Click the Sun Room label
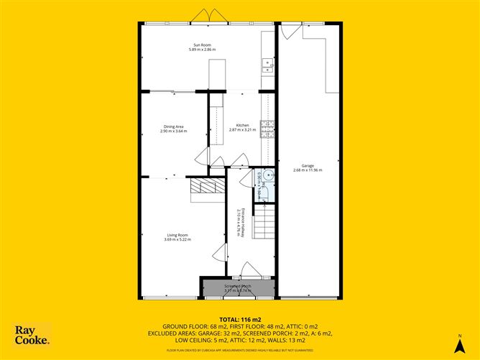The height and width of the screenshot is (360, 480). point(202,45)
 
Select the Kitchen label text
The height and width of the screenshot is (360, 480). point(239,126)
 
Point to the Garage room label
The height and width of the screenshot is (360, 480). point(308,165)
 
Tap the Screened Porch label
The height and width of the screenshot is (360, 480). point(238,286)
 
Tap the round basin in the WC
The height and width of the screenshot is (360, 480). point(267,175)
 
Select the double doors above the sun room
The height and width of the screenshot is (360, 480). point(206,16)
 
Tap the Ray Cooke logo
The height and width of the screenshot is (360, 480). point(33,336)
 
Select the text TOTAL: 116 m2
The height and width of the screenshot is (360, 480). point(239,318)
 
